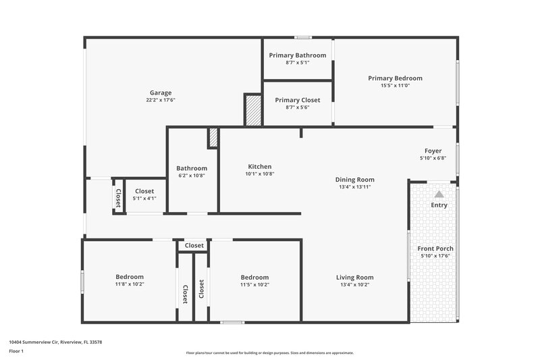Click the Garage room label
pyautogui.click(x=161, y=93)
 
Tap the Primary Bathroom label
pyautogui.click(x=298, y=55)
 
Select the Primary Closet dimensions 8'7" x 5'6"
pyautogui.click(x=298, y=107)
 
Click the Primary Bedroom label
pyautogui.click(x=395, y=78)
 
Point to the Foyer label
pyautogui.click(x=433, y=151)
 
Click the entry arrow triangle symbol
pyautogui.click(x=439, y=194)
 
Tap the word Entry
pyautogui.click(x=439, y=205)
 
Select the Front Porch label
pyautogui.click(x=437, y=249)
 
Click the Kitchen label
pyautogui.click(x=260, y=166)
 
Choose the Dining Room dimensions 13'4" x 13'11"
pyautogui.click(x=355, y=187)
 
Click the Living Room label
pyautogui.click(x=355, y=277)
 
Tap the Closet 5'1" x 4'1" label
pyautogui.click(x=144, y=191)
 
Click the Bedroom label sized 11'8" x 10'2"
pyautogui.click(x=130, y=277)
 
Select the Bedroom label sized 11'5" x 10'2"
pyautogui.click(x=254, y=278)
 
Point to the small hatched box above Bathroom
pyautogui.click(x=213, y=138)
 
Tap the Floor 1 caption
pyautogui.click(x=17, y=352)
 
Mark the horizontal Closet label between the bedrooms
pyautogui.click(x=194, y=246)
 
